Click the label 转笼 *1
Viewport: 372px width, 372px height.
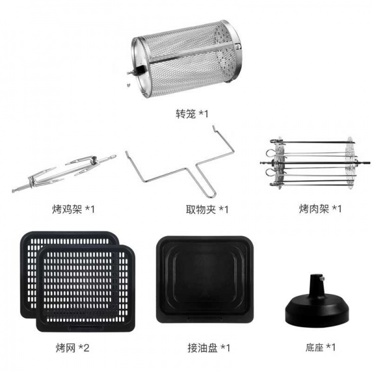(x=192, y=114)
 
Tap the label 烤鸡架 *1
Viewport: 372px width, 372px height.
(x=73, y=210)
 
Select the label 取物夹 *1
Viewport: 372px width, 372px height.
(x=207, y=210)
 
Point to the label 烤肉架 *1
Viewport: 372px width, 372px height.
(x=320, y=209)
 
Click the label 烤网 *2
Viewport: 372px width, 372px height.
(x=73, y=348)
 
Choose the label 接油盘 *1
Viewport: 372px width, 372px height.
(x=209, y=348)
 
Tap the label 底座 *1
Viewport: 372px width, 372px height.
(x=321, y=348)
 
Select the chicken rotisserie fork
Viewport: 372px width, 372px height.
(x=64, y=173)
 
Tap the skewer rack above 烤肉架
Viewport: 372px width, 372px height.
(x=315, y=163)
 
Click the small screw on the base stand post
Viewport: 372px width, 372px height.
(x=322, y=278)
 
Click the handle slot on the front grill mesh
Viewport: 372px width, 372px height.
(x=86, y=329)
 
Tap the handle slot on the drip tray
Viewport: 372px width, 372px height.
(x=205, y=319)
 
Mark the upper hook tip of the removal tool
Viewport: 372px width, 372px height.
(x=213, y=126)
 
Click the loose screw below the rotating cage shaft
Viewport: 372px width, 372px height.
(x=128, y=85)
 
